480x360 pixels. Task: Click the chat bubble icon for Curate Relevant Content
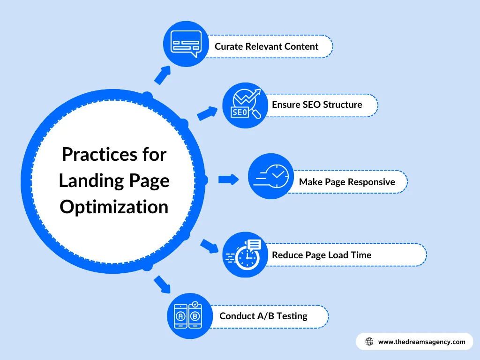pos(186,44)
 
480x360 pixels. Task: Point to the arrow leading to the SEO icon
pos(207,113)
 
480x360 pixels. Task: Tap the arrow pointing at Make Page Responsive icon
pos(228,179)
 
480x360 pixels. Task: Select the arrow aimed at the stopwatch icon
pos(209,246)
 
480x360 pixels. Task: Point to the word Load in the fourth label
pos(337,255)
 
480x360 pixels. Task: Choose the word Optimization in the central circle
pos(114,207)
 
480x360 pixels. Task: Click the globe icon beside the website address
pos(369,342)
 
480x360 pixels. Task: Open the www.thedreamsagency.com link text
pos(421,342)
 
